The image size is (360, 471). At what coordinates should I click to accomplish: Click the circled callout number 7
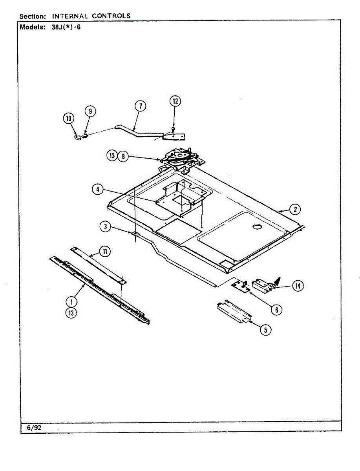pyautogui.click(x=140, y=106)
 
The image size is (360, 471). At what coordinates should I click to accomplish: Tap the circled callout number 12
pyautogui.click(x=175, y=101)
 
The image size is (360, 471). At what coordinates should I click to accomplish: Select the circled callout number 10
pyautogui.click(x=69, y=118)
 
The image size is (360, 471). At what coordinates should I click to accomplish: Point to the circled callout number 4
pyautogui.click(x=97, y=190)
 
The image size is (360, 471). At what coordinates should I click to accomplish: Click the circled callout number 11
pyautogui.click(x=105, y=251)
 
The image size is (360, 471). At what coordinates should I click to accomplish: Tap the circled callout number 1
pyautogui.click(x=71, y=301)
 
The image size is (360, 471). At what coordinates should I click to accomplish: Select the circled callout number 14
pyautogui.click(x=298, y=286)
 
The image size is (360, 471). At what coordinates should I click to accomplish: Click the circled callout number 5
pyautogui.click(x=265, y=330)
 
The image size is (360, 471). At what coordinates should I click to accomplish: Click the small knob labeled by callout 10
pyautogui.click(x=78, y=137)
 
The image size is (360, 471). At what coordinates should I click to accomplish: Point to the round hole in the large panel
pyautogui.click(x=256, y=226)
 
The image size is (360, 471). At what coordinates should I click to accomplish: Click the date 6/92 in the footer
pyautogui.click(x=34, y=428)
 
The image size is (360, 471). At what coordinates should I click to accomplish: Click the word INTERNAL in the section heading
pyautogui.click(x=70, y=16)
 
